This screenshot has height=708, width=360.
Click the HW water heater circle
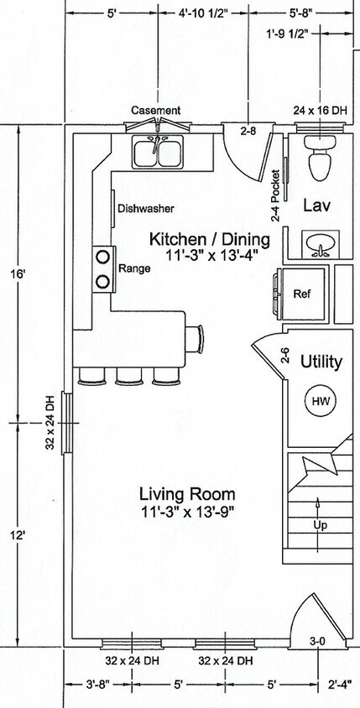321,401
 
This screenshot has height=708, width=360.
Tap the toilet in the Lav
321,157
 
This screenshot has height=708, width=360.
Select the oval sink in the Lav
321,244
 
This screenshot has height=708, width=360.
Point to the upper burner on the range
103,257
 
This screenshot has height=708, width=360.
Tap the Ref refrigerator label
302,294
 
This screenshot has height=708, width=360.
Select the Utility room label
321,362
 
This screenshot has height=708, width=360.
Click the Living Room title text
187,494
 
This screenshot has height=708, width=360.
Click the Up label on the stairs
320,526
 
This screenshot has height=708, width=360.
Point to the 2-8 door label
248,132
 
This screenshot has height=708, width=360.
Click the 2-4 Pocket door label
276,195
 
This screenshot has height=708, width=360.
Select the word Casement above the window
156,110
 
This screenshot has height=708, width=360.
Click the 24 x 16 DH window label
321,110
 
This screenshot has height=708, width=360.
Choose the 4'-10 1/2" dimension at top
203,13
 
